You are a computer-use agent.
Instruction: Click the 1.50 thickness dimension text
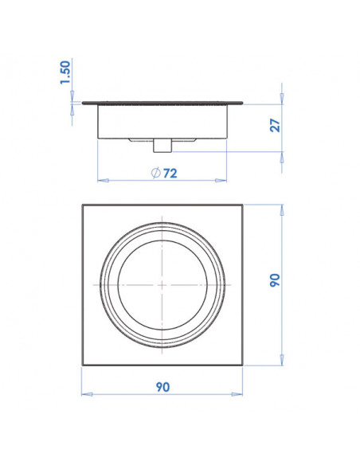(67, 74)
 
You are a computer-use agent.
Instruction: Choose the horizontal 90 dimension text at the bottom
(162, 388)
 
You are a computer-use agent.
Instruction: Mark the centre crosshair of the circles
(162, 284)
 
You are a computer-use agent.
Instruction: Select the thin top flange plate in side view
(162, 102)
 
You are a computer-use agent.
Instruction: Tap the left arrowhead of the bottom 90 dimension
(85, 394)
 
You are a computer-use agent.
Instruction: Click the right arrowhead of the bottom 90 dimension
(240, 394)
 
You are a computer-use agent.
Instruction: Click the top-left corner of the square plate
(83, 206)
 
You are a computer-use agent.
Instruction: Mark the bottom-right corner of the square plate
(242, 364)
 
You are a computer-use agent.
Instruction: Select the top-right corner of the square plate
(242, 206)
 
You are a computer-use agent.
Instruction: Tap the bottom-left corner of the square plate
(83, 364)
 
